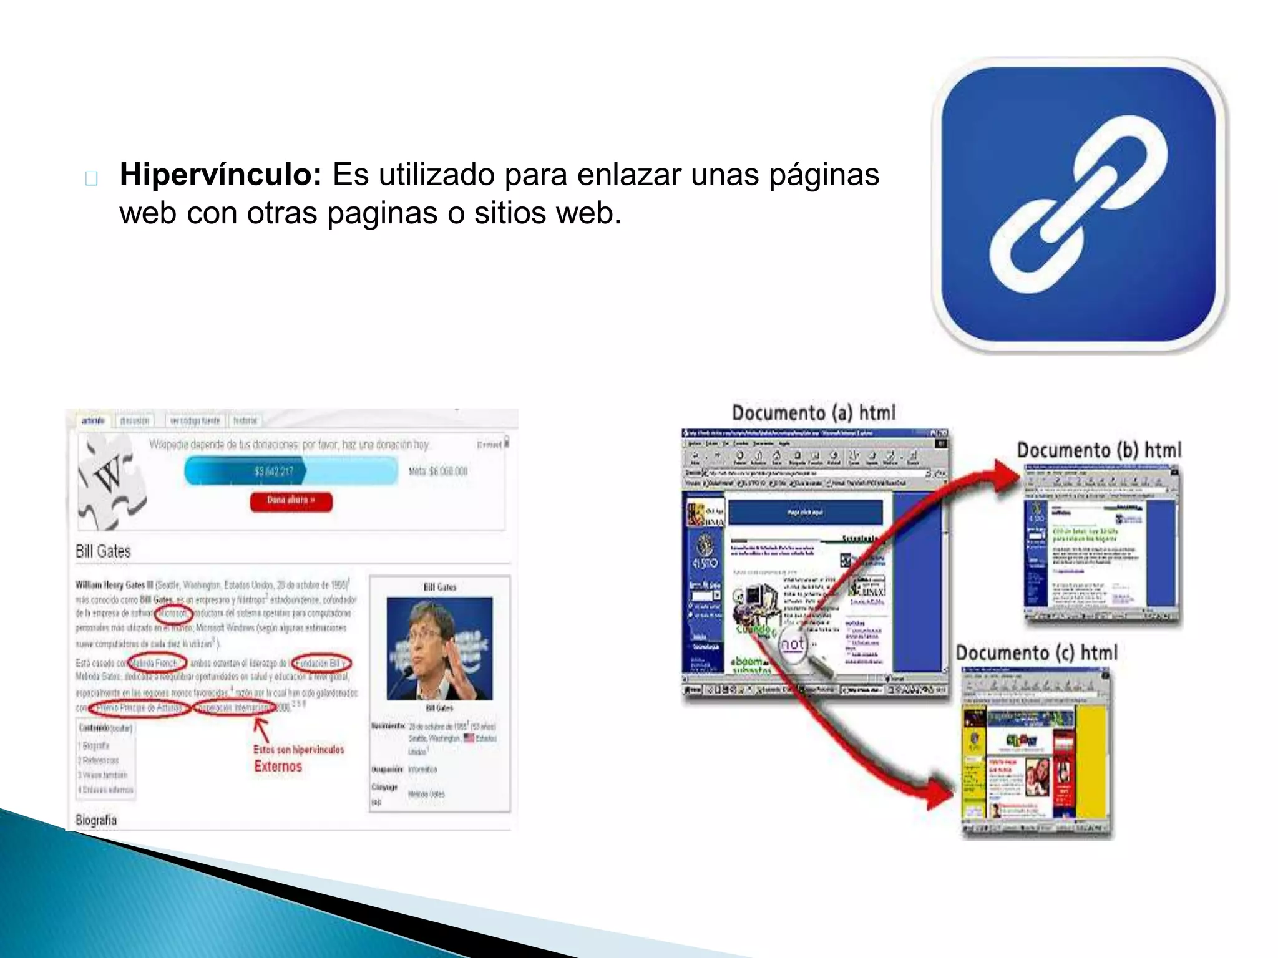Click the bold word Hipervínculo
pyautogui.click(x=220, y=174)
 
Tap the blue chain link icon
pyautogui.click(x=1078, y=205)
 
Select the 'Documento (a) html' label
pyautogui.click(x=813, y=413)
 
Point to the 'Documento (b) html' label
pyautogui.click(x=1099, y=450)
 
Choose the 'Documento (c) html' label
pyautogui.click(x=1037, y=653)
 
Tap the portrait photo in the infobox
pyautogui.click(x=439, y=648)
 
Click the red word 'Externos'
pyautogui.click(x=278, y=767)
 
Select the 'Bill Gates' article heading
pyautogui.click(x=103, y=551)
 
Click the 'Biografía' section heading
pyautogui.click(x=96, y=820)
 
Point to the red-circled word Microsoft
pyautogui.click(x=173, y=614)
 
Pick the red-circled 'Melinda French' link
pyautogui.click(x=156, y=663)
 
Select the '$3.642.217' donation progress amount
pyautogui.click(x=273, y=471)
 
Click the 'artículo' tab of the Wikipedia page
pyautogui.click(x=93, y=421)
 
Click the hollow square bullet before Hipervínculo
pyautogui.click(x=91, y=178)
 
